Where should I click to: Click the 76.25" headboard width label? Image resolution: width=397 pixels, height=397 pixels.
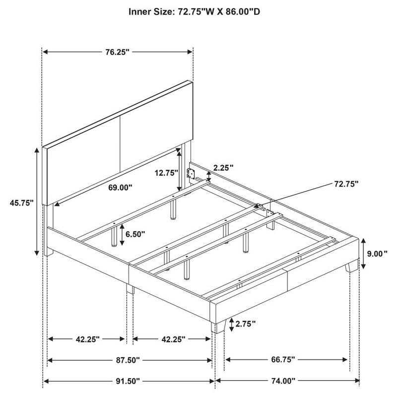pos(117,52)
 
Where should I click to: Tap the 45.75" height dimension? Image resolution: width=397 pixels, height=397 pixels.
pos(22,203)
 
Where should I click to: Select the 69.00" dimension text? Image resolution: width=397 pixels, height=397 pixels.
pos(120,188)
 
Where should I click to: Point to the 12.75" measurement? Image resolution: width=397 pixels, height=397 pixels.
pos(167,173)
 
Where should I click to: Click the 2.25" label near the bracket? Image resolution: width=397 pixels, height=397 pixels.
pos(223,167)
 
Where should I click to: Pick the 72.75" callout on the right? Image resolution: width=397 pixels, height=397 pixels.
pos(346,184)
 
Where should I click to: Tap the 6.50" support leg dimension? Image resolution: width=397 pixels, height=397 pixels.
pos(135,234)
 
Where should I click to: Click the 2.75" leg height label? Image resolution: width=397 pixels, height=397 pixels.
pos(245,324)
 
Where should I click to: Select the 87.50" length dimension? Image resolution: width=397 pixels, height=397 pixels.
pos(128,360)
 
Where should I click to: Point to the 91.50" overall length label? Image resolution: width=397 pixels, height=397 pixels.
pos(128,381)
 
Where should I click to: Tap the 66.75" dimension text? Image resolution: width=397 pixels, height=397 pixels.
pos(283,359)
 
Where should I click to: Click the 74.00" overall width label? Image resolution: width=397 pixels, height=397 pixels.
pos(283,381)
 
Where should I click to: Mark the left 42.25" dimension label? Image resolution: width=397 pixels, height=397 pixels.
pos(88,339)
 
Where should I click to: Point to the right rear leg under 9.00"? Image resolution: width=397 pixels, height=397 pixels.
pos(352,265)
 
